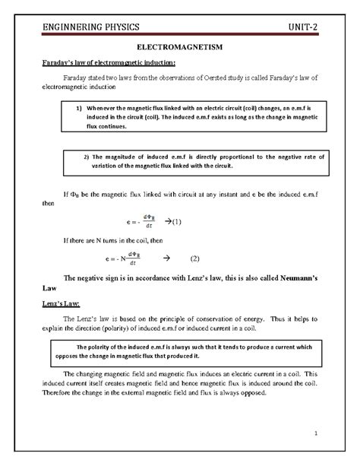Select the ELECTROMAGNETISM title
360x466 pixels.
pyautogui.click(x=179, y=47)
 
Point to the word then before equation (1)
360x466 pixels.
pyautogui.click(x=47, y=204)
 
